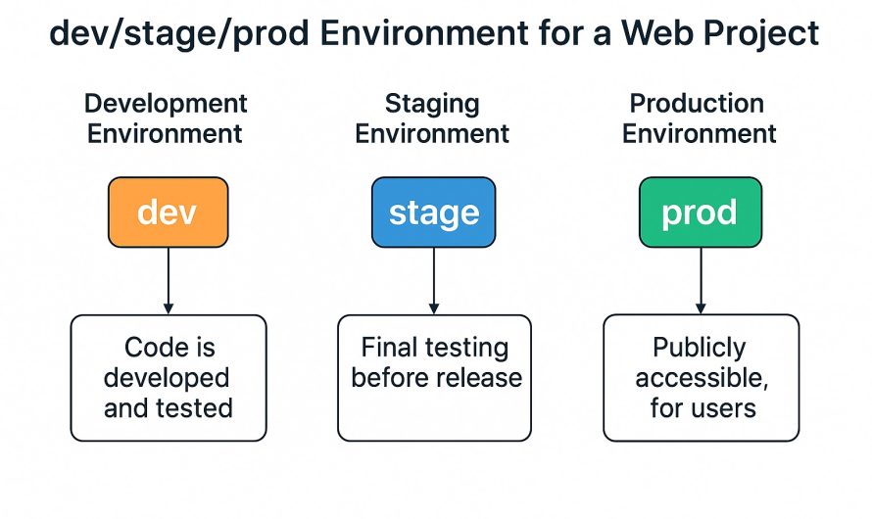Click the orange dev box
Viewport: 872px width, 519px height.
[x=169, y=212]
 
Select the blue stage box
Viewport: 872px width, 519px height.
[x=434, y=212]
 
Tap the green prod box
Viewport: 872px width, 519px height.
[x=700, y=212]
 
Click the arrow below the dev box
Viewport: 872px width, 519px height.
[x=169, y=280]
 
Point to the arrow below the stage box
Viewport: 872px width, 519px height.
[x=434, y=280]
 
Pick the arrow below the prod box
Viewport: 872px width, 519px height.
[x=700, y=280]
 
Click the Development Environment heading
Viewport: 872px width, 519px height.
[x=166, y=118]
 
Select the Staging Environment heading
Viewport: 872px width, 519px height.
[x=432, y=118]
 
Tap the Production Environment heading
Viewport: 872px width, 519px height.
[x=699, y=118]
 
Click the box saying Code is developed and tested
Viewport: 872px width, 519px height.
[x=169, y=378]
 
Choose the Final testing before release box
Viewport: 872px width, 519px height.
[x=434, y=378]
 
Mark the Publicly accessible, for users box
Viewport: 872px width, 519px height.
[x=700, y=378]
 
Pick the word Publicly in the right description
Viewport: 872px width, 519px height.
[x=700, y=348]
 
